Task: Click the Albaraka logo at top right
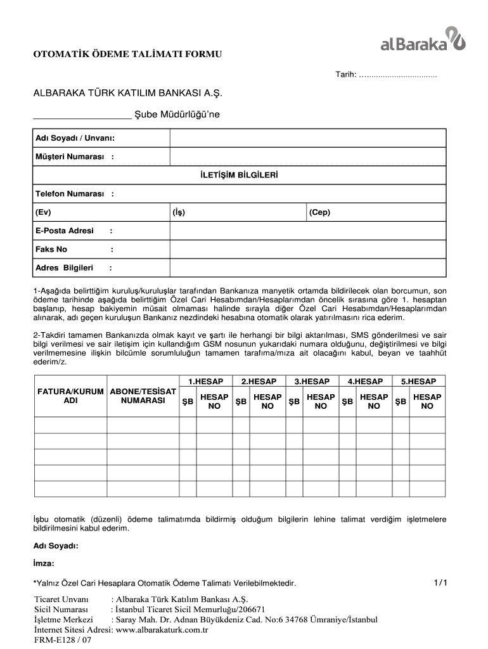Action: [423, 39]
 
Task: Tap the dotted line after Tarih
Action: [398, 75]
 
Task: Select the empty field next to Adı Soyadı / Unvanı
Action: [308, 138]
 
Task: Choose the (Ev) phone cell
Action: [101, 212]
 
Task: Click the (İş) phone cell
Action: [238, 212]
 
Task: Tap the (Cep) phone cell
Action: [376, 212]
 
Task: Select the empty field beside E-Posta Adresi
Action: [308, 231]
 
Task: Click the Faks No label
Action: [52, 249]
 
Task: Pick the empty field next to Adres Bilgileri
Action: [308, 267]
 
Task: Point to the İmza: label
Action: [44, 563]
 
